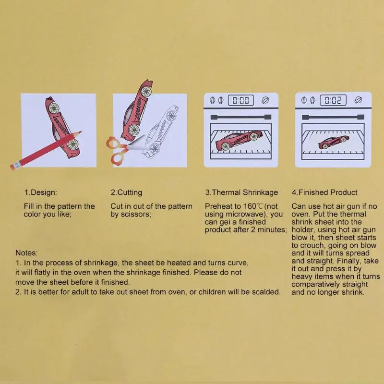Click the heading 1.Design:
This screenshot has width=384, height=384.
pyautogui.click(x=40, y=192)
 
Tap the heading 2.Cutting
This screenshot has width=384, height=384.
pyautogui.click(x=126, y=192)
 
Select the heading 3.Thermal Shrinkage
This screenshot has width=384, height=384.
pyautogui.click(x=241, y=192)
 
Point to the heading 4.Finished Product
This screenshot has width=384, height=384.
pyautogui.click(x=324, y=192)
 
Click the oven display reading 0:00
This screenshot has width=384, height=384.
pyautogui.click(x=241, y=100)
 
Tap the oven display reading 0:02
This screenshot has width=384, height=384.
pyautogui.click(x=333, y=100)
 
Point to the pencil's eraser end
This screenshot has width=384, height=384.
pyautogui.click(x=13, y=167)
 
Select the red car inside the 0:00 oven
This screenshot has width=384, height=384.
pyautogui.click(x=240, y=140)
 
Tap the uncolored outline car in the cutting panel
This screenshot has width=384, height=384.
pyautogui.click(x=160, y=132)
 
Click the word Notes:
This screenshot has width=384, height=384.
pyautogui.click(x=26, y=253)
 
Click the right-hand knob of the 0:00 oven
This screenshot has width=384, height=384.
pyautogui.click(x=265, y=100)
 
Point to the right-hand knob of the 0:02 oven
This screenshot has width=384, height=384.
pyautogui.click(x=358, y=100)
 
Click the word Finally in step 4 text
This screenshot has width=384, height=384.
pyautogui.click(x=349, y=261)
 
